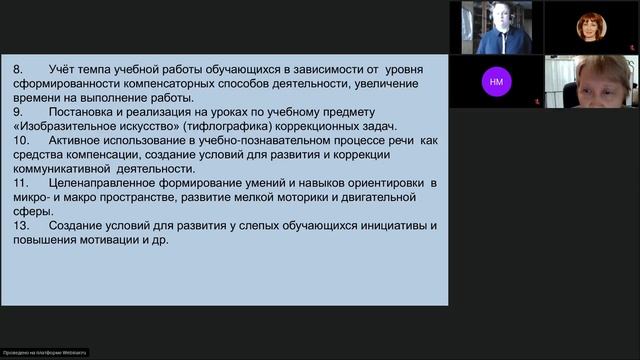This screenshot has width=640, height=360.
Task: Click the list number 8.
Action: click(x=16, y=69)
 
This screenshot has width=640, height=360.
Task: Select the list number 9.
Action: click(x=16, y=111)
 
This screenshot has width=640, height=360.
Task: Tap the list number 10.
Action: click(x=20, y=141)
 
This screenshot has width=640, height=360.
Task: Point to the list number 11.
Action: click(x=20, y=183)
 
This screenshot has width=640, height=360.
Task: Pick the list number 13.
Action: click(x=20, y=225)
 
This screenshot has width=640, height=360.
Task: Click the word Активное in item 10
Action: click(x=80, y=141)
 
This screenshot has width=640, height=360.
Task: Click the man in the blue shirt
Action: click(x=502, y=30)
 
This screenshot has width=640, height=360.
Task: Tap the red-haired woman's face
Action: click(x=591, y=26)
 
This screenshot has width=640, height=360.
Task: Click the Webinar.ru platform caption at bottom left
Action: click(x=45, y=351)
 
